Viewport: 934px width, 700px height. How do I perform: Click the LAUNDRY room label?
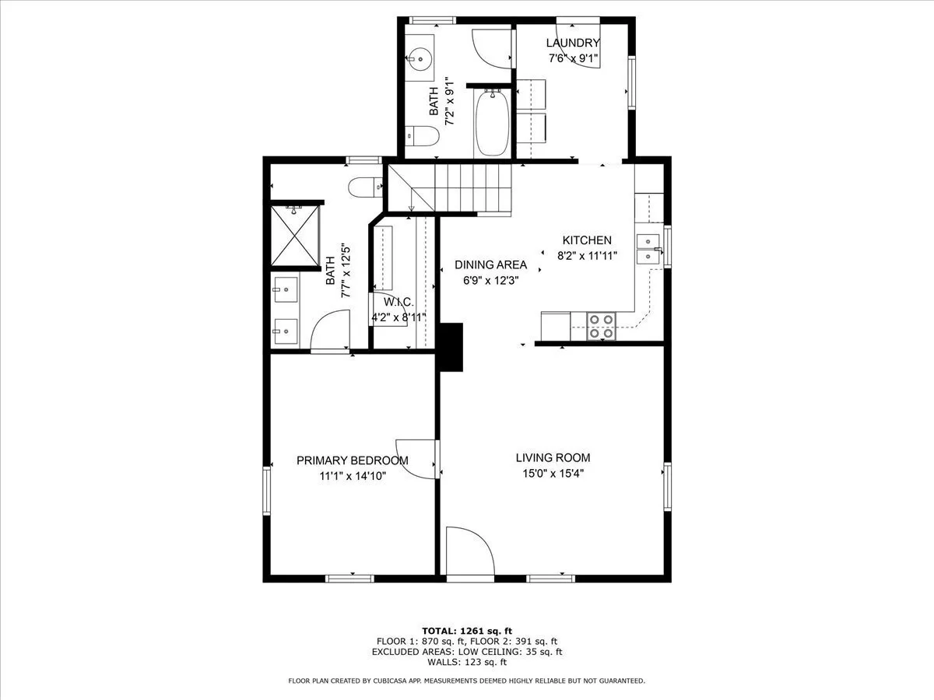click(x=573, y=43)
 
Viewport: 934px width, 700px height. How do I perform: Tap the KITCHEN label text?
click(x=587, y=240)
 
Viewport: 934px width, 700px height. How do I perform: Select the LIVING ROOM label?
click(x=553, y=458)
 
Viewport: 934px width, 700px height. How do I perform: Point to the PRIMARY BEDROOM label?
click(x=353, y=460)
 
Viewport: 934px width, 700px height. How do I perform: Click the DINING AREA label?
click(x=490, y=264)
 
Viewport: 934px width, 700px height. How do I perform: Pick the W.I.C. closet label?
click(x=399, y=303)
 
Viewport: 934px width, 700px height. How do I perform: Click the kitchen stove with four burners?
click(x=601, y=327)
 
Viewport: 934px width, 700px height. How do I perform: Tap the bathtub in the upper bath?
click(x=492, y=123)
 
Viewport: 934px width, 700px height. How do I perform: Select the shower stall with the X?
click(x=295, y=236)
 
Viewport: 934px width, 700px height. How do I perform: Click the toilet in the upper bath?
click(x=422, y=136)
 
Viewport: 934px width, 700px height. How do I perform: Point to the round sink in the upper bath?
click(x=420, y=58)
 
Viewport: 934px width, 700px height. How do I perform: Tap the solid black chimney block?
click(x=451, y=347)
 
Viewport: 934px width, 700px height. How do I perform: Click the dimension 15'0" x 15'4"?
click(x=553, y=474)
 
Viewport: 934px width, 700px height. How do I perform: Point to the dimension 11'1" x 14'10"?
click(x=353, y=476)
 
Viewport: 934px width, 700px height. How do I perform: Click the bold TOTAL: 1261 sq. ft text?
click(x=467, y=631)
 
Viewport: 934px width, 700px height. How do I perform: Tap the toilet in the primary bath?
click(x=365, y=187)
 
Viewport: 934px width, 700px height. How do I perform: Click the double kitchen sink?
click(x=648, y=249)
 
